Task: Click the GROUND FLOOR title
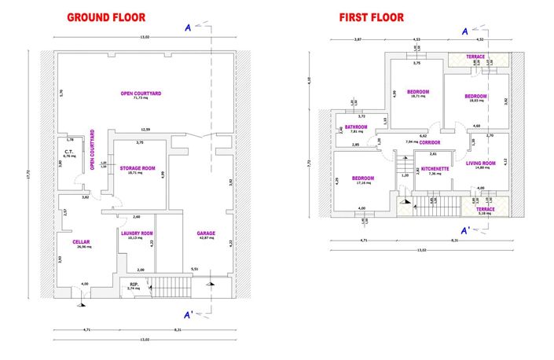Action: click(x=106, y=17)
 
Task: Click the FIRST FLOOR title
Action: click(x=371, y=17)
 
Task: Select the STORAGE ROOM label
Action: click(x=139, y=168)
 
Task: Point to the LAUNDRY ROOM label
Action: click(x=137, y=233)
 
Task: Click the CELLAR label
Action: click(x=81, y=241)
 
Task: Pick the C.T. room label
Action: click(x=68, y=151)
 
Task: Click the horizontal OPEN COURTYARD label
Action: click(x=141, y=94)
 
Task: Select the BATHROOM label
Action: click(x=357, y=127)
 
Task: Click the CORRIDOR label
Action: click(x=429, y=142)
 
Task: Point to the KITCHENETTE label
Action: click(x=435, y=168)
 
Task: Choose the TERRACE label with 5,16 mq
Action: click(x=485, y=208)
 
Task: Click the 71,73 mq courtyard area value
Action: click(x=141, y=99)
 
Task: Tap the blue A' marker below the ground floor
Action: click(x=189, y=315)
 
